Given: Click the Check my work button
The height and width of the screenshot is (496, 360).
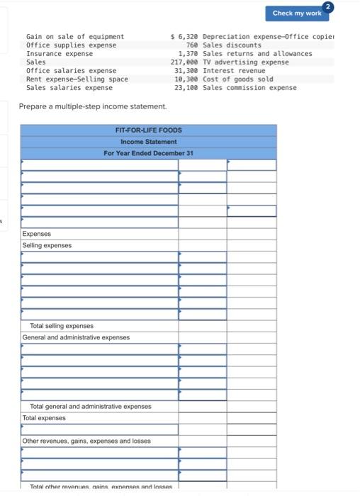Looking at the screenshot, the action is pyautogui.click(x=296, y=13).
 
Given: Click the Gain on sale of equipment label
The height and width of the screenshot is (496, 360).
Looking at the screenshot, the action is pyautogui.click(x=74, y=36).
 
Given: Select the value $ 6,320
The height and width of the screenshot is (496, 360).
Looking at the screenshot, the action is pyautogui.click(x=184, y=36).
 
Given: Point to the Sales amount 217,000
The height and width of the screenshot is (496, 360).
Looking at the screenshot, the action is pyautogui.click(x=184, y=62).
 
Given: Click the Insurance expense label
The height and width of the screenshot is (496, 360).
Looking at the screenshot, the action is pyautogui.click(x=59, y=54).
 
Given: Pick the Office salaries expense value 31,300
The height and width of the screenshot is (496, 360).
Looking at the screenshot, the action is pyautogui.click(x=186, y=71).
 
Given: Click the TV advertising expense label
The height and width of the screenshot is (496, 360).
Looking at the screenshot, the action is pyautogui.click(x=245, y=62).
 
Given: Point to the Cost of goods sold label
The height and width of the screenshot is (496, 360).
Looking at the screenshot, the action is pyautogui.click(x=237, y=79).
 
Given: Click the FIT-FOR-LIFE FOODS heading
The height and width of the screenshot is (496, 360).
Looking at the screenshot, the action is pyautogui.click(x=148, y=130).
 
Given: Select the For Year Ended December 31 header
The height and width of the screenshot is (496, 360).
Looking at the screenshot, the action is pyautogui.click(x=148, y=153).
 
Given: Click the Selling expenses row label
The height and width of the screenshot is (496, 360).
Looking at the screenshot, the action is pyautogui.click(x=47, y=245).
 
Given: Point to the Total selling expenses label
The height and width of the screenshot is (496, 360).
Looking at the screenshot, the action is pyautogui.click(x=61, y=326).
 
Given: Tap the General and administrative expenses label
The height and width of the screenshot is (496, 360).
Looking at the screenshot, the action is pyautogui.click(x=76, y=337).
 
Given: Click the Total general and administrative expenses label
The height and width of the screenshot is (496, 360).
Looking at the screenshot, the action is pyautogui.click(x=90, y=407).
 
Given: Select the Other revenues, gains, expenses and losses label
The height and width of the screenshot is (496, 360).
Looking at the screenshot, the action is pyautogui.click(x=86, y=441).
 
